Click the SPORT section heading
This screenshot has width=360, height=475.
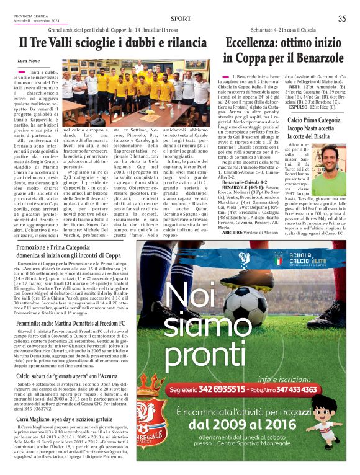pyautogui.click(x=181, y=19)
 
